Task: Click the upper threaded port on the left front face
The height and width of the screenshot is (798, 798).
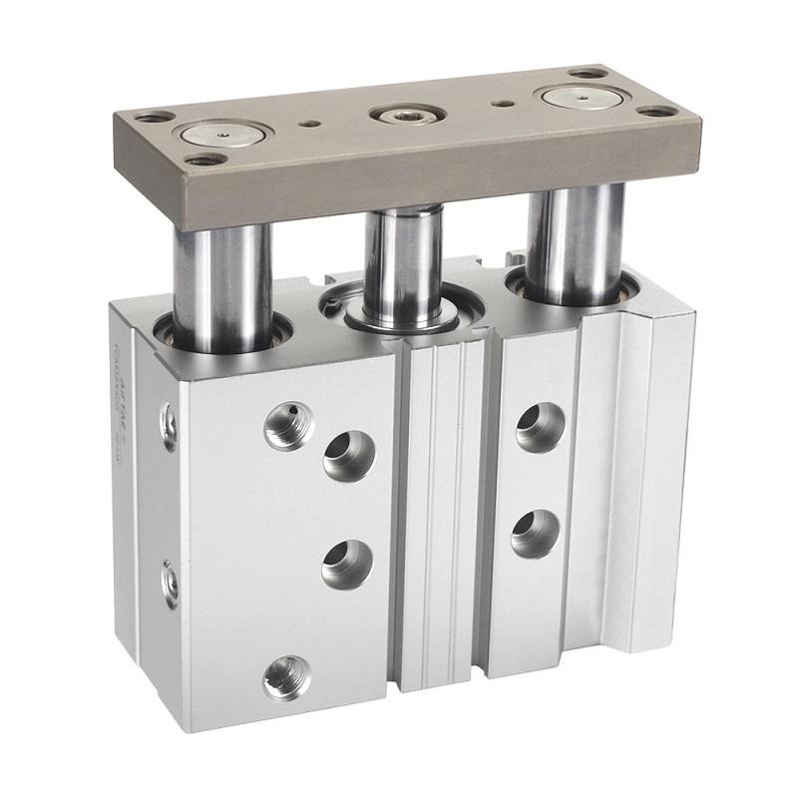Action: coord(289,425)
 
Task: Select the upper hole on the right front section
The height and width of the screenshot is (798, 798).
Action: coord(541,427)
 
